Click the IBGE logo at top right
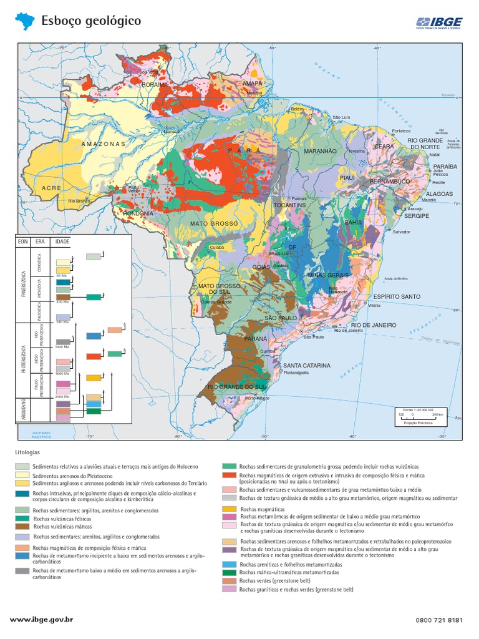click(439, 23)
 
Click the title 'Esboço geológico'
click(91, 21)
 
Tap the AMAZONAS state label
click(104, 144)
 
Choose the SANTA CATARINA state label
click(307, 366)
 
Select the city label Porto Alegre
click(258, 398)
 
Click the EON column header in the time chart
click(24, 241)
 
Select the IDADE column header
click(63, 241)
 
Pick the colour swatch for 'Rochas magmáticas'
click(230, 510)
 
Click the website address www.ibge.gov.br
click(42, 620)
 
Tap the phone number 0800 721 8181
click(438, 620)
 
